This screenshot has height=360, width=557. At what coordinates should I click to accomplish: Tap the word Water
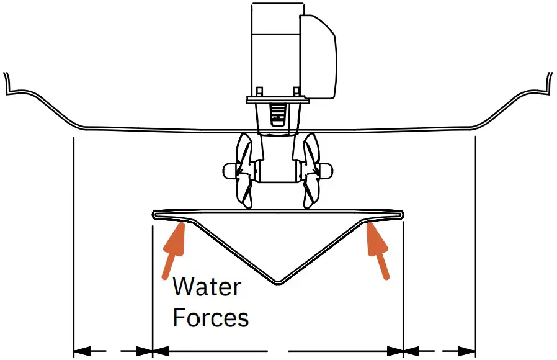[207, 287]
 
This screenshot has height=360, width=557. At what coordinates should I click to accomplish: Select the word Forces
[211, 318]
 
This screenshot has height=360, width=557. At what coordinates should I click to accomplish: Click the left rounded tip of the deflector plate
[155, 215]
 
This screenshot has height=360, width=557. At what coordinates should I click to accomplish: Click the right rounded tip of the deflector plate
[401, 215]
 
